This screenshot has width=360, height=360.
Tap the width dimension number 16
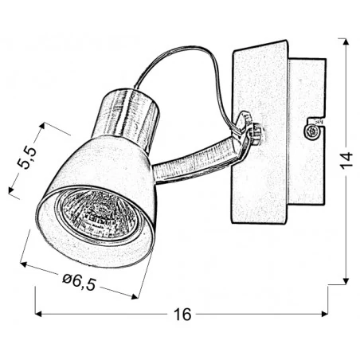tap(182, 314)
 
